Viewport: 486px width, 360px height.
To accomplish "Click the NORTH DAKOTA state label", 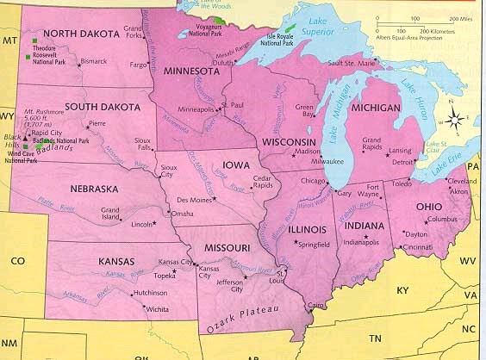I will coord(82,34).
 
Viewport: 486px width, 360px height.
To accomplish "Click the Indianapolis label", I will coord(361,242).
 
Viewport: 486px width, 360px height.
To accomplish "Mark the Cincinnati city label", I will coord(417,247).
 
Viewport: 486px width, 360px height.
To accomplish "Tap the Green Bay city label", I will coord(305,110).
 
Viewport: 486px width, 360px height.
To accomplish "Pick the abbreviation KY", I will coord(402,291).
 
